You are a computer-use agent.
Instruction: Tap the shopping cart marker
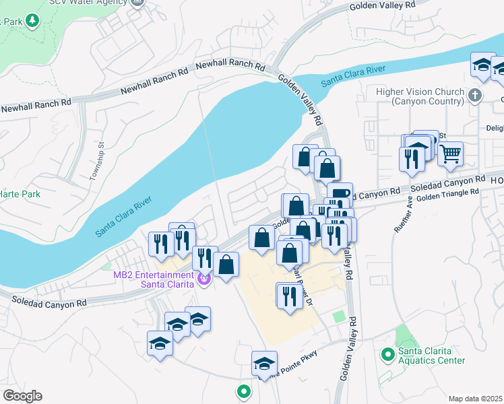coord(450,154)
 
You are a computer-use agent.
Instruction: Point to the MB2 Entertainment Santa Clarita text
coord(154,278)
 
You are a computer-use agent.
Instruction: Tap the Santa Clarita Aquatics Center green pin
coord(387,353)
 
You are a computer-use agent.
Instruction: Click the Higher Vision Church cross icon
coord(476,95)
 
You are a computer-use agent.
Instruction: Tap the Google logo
coord(22,396)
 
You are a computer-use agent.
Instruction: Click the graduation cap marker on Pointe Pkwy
coord(265,364)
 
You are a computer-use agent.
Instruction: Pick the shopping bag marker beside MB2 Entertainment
coord(228,265)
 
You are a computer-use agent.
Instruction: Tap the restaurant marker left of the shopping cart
coord(410,159)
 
